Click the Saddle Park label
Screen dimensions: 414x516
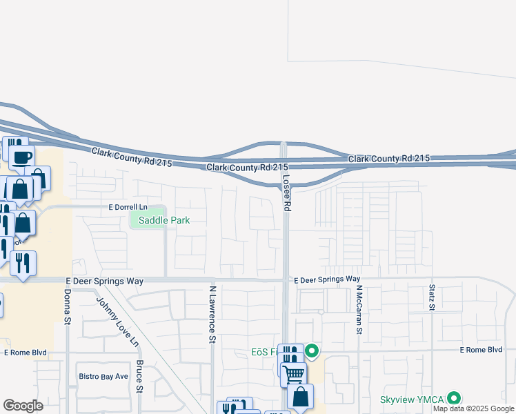[x=164, y=220]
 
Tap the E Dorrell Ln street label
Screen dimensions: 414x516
[x=128, y=207]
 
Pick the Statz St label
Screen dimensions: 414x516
[x=432, y=297]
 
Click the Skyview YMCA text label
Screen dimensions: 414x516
[x=413, y=400]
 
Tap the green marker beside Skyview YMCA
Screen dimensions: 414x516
[x=454, y=398]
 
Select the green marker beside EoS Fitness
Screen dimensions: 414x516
[x=312, y=352]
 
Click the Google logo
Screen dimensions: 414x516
[x=23, y=406]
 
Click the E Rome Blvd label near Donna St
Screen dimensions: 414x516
[x=25, y=352]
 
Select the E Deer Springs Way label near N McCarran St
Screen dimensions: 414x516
[x=327, y=279]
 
